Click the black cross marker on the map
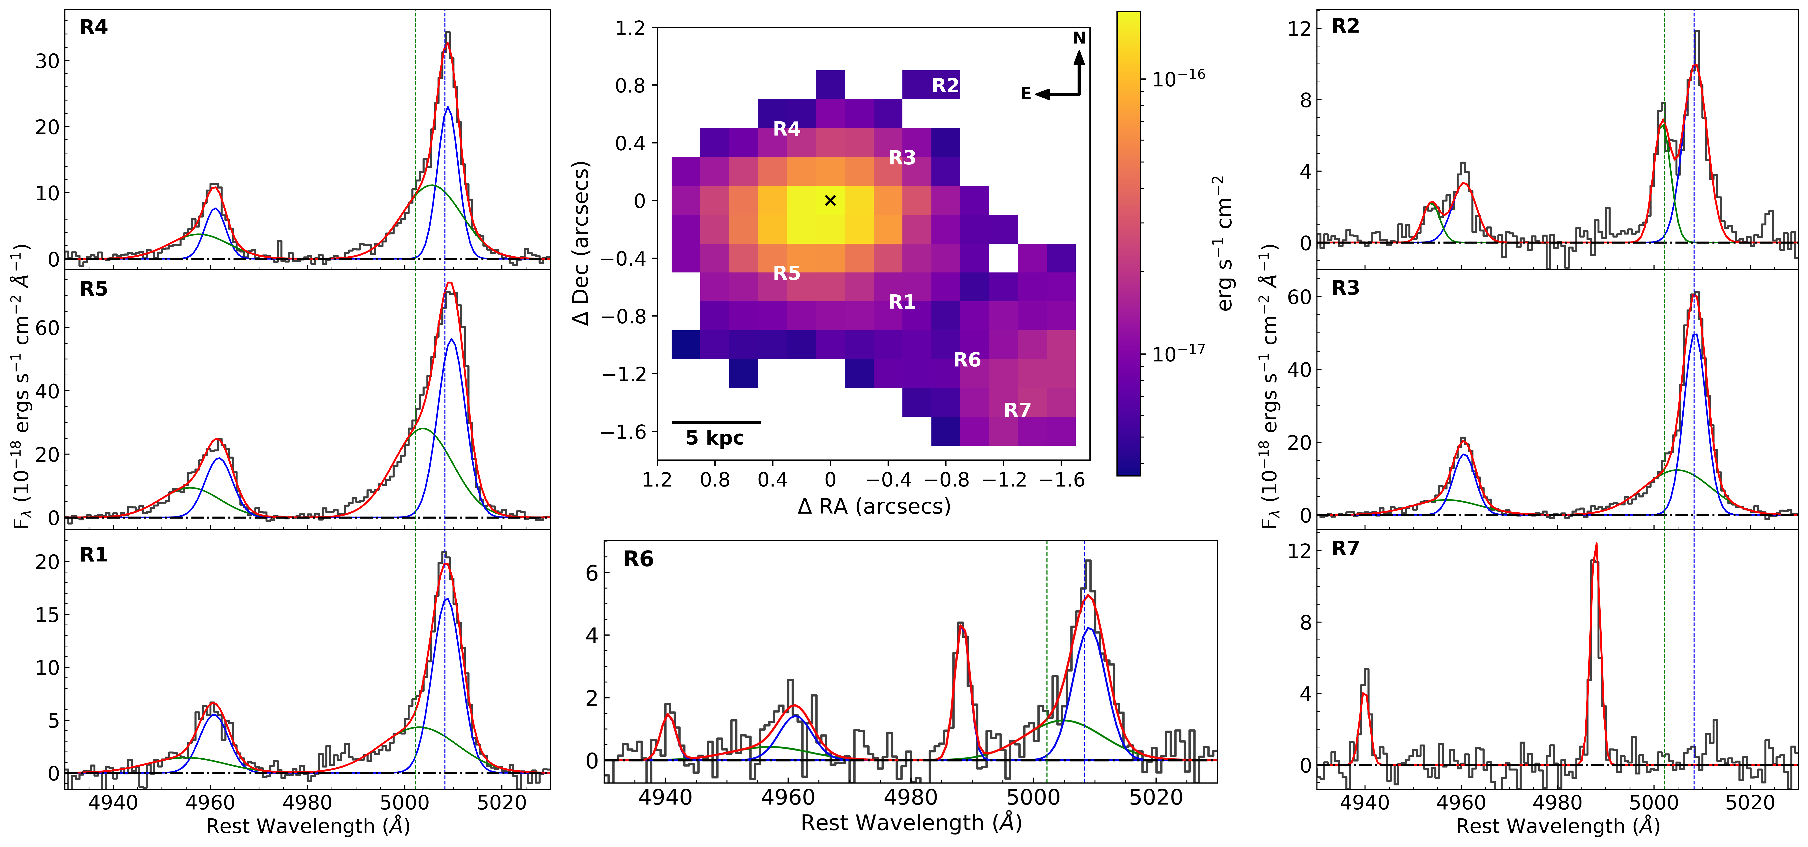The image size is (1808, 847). pyautogui.click(x=830, y=201)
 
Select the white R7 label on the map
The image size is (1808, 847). pyautogui.click(x=1017, y=410)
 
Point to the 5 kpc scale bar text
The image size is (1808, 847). pyautogui.click(x=714, y=438)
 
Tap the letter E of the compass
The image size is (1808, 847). pyautogui.click(x=1026, y=94)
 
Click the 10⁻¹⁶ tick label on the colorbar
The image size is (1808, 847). pyautogui.click(x=1178, y=77)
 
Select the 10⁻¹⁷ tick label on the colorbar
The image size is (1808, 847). pyautogui.click(x=1178, y=353)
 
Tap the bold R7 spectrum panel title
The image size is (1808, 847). pyautogui.click(x=1346, y=548)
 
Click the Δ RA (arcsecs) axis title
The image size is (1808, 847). pyautogui.click(x=874, y=506)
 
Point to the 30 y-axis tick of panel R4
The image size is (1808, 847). pyautogui.click(x=48, y=61)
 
